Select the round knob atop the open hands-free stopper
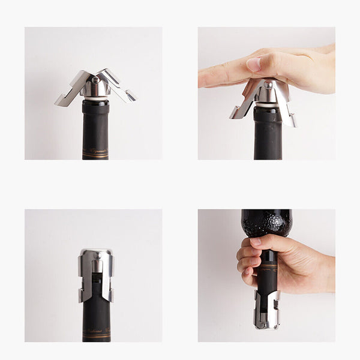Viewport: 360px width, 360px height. (x=95, y=80)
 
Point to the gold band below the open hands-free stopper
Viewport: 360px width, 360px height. (x=95, y=154)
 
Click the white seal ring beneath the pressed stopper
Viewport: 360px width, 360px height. (x=268, y=106)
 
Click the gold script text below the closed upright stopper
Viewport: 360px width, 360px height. (x=96, y=331)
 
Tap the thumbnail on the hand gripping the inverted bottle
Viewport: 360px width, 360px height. (x=256, y=242)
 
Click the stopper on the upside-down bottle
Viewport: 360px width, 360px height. (x=266, y=310)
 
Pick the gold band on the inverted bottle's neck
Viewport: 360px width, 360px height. (x=268, y=264)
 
